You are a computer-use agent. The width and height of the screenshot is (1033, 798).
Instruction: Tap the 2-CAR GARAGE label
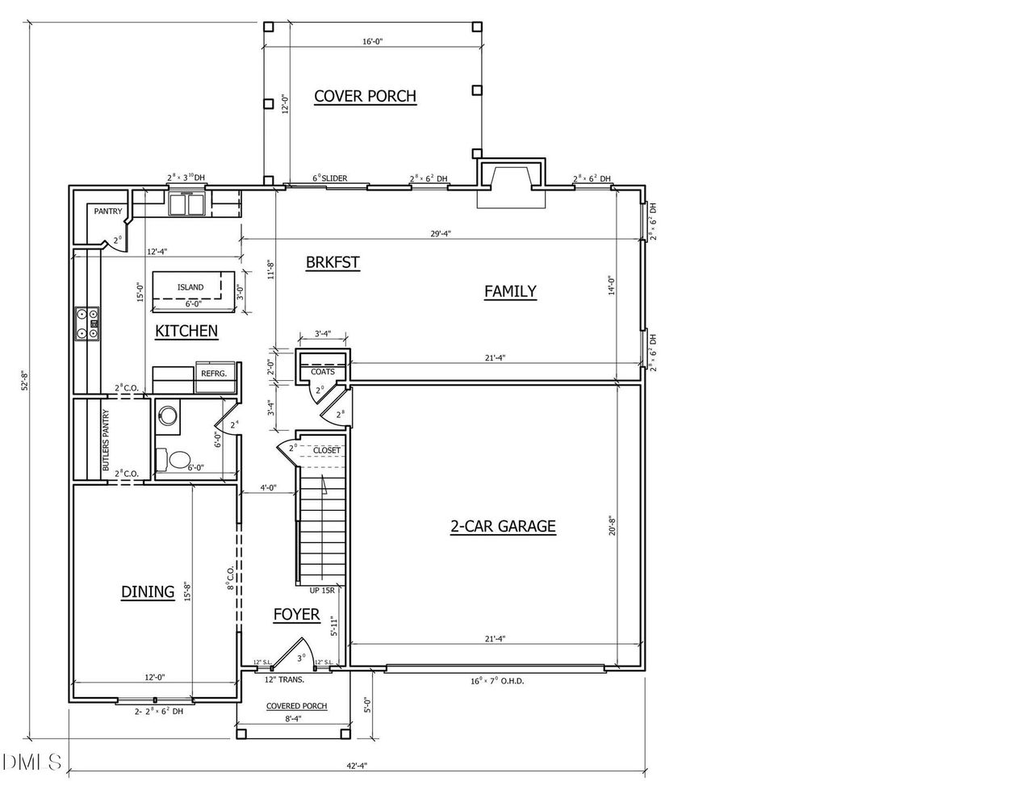503,527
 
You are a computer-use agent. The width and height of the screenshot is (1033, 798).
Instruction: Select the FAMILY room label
510,291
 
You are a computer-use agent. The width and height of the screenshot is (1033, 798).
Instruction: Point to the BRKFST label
332,262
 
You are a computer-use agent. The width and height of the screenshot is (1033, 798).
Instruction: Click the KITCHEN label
186,331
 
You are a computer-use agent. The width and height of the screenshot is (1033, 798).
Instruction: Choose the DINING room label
148,591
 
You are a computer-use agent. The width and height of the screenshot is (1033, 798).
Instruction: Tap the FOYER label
296,615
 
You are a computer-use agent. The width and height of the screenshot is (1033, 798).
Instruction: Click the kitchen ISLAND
190,286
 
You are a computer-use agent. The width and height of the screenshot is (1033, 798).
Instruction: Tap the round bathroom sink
168,416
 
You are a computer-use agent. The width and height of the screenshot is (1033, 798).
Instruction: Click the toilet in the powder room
178,459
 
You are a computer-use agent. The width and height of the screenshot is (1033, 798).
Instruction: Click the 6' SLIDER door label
330,178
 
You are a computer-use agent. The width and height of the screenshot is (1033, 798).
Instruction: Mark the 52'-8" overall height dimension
25,380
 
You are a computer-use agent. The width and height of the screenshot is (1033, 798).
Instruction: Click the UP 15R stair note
321,591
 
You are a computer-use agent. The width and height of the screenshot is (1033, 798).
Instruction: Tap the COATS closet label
323,372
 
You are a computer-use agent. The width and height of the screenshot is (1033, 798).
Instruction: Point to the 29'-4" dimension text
440,234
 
